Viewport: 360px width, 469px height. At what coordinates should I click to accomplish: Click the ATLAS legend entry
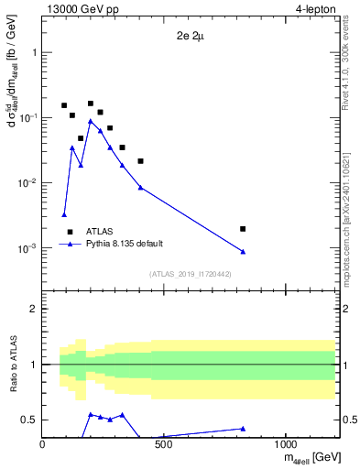point(100,232)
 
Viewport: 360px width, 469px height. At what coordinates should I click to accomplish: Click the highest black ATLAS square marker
point(91,104)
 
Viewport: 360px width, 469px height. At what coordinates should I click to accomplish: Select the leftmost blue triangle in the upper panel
point(64,214)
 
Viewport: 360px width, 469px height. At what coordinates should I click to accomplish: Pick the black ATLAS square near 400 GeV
point(140,161)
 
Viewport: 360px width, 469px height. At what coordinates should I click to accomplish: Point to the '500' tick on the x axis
point(164,445)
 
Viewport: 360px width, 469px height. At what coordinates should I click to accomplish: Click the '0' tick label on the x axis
point(43,445)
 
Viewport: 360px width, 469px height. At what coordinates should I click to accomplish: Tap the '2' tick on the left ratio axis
point(34,310)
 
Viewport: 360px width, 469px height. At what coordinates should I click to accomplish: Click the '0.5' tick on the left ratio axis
point(30,420)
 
